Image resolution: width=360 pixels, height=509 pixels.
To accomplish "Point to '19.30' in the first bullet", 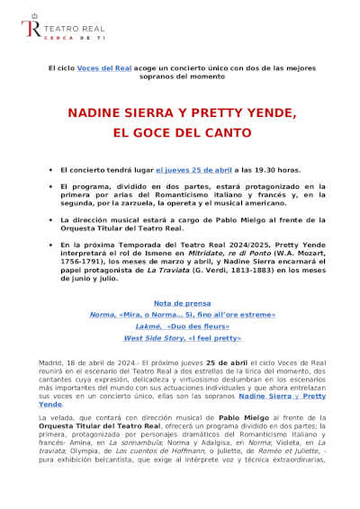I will (x=249, y=169).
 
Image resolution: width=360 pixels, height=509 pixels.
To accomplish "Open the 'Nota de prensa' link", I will (x=180, y=303).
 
